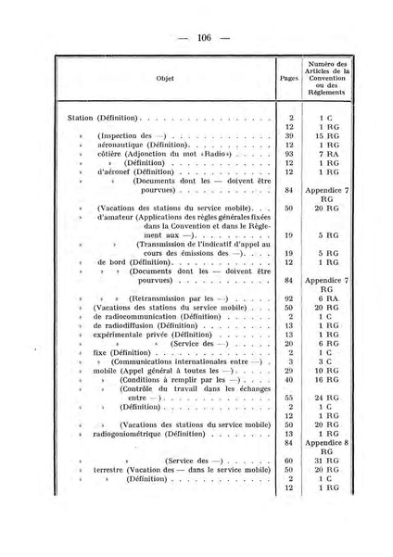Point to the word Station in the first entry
click(86, 119)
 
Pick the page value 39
click(290, 135)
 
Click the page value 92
click(290, 298)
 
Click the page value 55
click(290, 398)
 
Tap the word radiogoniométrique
click(133, 434)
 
